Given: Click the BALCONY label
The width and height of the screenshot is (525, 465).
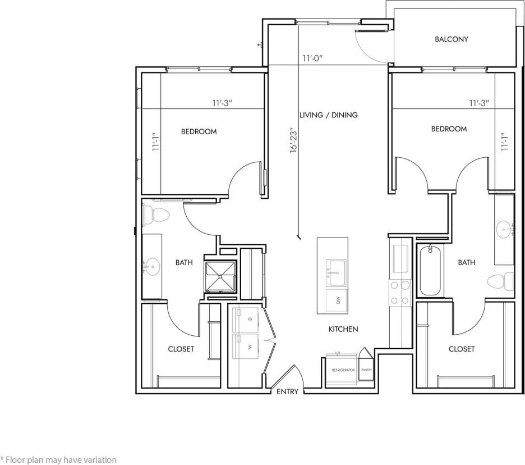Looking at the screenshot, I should [451, 39].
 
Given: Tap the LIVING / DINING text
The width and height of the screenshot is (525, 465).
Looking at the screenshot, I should [328, 115].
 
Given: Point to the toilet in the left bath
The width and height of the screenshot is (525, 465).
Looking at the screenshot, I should [157, 213].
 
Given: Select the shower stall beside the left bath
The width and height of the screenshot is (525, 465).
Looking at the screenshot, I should [222, 277].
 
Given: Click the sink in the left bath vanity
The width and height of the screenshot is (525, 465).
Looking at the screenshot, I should [153, 264].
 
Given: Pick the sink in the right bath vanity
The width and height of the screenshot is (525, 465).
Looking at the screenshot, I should [504, 228].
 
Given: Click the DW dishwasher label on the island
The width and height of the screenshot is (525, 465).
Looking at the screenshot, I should [338, 300].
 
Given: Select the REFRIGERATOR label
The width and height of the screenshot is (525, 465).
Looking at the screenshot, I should [343, 371].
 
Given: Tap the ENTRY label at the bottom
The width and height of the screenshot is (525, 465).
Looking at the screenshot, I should [288, 391].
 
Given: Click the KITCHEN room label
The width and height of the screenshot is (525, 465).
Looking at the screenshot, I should [343, 329].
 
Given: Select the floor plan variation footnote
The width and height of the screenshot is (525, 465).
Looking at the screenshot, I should [58, 459].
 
